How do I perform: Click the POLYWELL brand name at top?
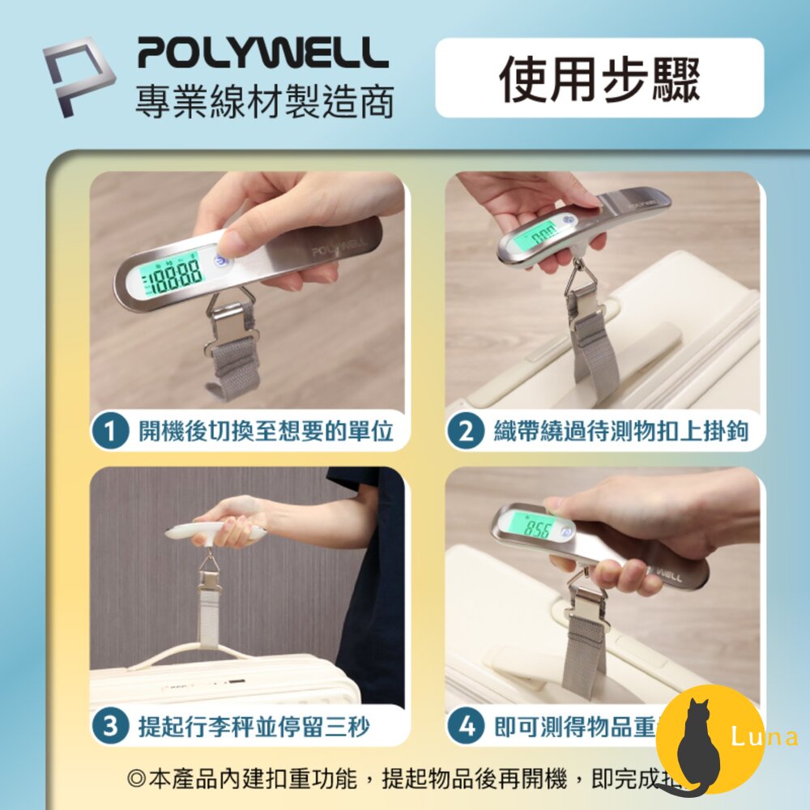(262, 54)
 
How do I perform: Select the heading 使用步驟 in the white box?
(599, 79)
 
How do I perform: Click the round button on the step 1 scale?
(220, 262)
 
